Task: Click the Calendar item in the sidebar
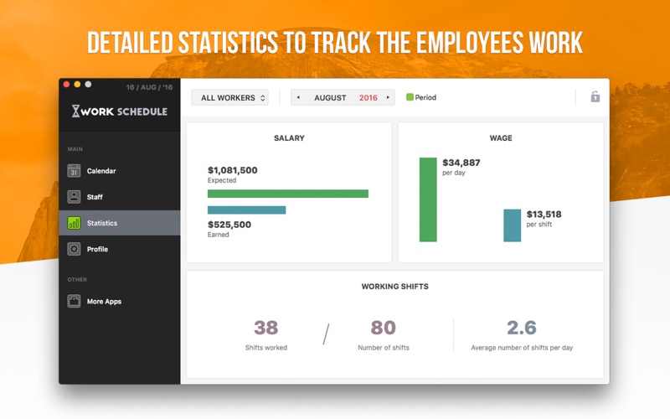tap(91, 171)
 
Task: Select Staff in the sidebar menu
tap(85, 197)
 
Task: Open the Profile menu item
tap(88, 249)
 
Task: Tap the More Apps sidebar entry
tap(95, 301)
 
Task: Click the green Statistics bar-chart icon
tap(74, 223)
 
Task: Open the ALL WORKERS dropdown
tap(229, 97)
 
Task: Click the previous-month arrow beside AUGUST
tap(298, 97)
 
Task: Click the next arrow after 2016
tap(388, 97)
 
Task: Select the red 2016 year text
tap(368, 98)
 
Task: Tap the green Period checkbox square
tap(410, 97)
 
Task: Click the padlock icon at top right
tap(595, 96)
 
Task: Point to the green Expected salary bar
tap(288, 194)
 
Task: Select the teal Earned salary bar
tap(246, 210)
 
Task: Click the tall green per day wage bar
tap(428, 199)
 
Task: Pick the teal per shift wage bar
tap(513, 225)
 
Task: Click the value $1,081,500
tap(233, 170)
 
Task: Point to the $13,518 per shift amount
tap(544, 215)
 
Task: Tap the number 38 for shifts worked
tap(265, 328)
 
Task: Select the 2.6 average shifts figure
tap(522, 328)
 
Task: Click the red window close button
tap(66, 85)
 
